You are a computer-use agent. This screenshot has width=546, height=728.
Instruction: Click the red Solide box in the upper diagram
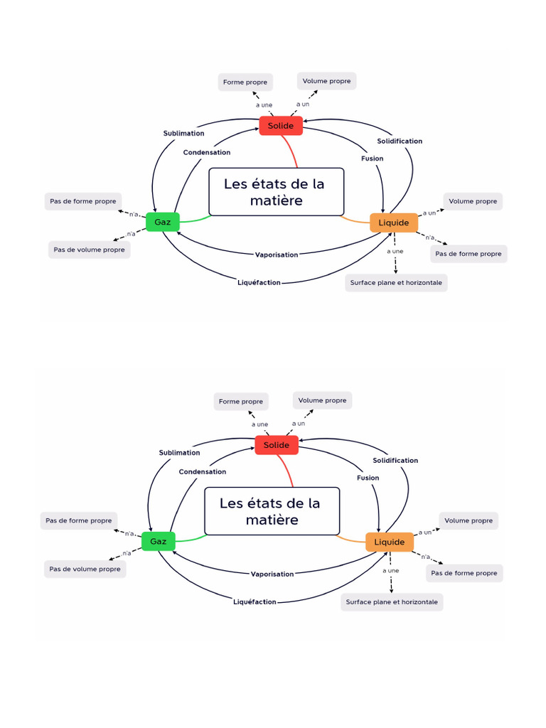[x=281, y=126]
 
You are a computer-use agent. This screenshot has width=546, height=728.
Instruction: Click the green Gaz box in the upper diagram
[x=163, y=222]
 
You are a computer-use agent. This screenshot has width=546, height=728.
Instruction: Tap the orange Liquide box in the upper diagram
[x=394, y=223]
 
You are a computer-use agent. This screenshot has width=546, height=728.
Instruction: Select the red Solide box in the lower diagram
[x=277, y=445]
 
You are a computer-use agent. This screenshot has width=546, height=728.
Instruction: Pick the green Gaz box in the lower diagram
[x=159, y=542]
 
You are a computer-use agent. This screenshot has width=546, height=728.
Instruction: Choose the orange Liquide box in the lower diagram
[x=390, y=542]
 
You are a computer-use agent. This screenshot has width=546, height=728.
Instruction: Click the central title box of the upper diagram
[x=276, y=192]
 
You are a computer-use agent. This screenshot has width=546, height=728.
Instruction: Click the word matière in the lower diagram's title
[x=272, y=520]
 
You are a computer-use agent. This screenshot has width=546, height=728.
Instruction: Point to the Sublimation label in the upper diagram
[x=183, y=133]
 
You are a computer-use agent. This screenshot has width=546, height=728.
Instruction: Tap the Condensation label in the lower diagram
[x=203, y=471]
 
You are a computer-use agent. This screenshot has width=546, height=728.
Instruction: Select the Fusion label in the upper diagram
[x=372, y=159]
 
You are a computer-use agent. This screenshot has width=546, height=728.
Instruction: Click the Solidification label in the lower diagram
[x=395, y=460]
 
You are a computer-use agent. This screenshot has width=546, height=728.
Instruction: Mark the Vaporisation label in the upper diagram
[x=277, y=255]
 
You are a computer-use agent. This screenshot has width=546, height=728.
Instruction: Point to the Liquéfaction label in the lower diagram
[x=255, y=602]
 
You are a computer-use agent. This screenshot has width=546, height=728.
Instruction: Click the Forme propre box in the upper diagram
[x=245, y=82]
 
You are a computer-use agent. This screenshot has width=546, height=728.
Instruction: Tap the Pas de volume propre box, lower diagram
[x=85, y=569]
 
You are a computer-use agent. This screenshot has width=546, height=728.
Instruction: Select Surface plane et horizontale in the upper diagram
[x=396, y=282]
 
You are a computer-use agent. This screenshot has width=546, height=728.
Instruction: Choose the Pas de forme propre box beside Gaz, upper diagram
[x=82, y=201]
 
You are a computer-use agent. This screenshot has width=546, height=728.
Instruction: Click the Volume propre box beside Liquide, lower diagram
[x=469, y=520]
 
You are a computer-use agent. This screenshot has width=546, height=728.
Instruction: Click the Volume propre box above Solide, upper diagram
[x=326, y=81]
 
